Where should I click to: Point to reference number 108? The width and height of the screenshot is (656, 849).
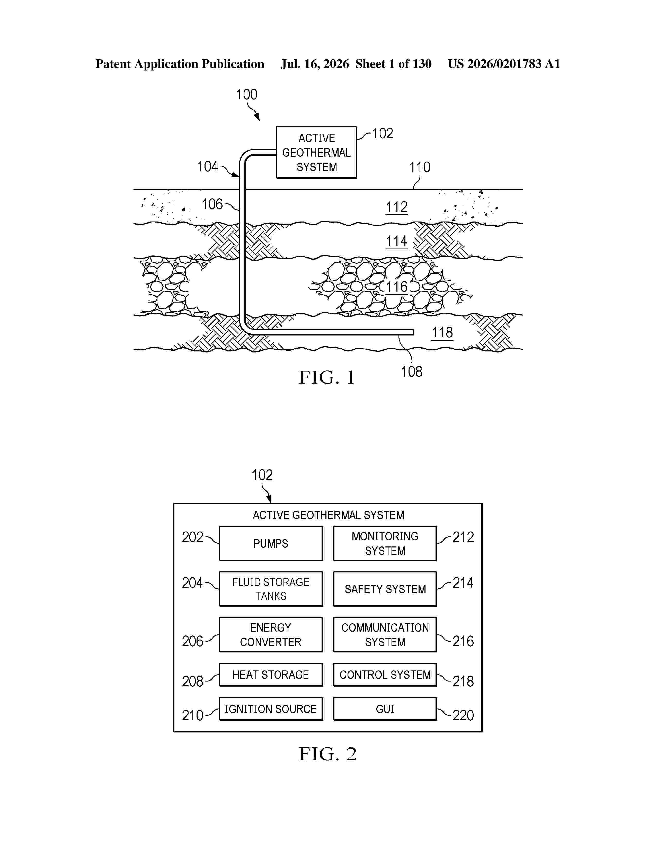tap(412, 372)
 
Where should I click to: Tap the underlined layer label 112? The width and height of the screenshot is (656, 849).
tap(397, 207)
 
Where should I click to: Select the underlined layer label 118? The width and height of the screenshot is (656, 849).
tap(442, 333)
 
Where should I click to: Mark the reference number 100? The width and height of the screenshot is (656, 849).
tap(246, 94)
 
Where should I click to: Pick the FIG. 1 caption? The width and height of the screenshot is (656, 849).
tap(327, 377)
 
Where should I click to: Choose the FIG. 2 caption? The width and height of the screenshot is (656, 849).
tap(327, 754)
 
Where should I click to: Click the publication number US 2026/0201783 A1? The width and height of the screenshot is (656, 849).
tap(504, 64)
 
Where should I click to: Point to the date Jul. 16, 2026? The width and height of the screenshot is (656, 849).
tap(315, 64)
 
